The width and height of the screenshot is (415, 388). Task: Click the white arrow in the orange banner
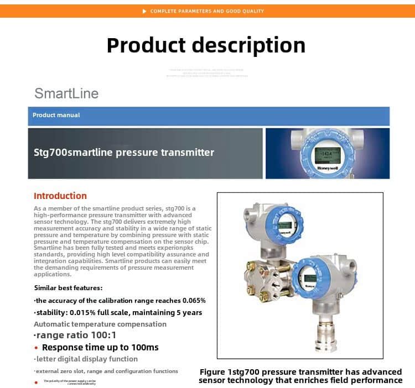pos(144,11)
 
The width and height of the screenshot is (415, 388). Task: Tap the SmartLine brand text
pos(66,93)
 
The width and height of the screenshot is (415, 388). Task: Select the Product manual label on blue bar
pos(56,115)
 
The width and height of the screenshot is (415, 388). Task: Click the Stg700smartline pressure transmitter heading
pos(124,153)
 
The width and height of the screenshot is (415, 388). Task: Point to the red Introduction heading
pos(60,196)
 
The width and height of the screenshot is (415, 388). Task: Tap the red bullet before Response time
pos(36,348)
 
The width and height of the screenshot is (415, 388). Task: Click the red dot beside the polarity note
pos(36,382)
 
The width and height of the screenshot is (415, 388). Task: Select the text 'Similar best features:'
pos(68,287)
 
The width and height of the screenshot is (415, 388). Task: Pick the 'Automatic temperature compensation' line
pos(100,324)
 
